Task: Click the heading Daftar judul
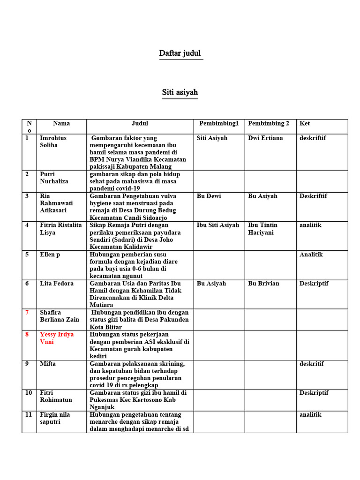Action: (x=180, y=53)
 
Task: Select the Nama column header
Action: (x=61, y=124)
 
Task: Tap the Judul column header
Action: (x=140, y=124)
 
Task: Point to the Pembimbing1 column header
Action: (x=219, y=124)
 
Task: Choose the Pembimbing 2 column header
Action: (x=269, y=124)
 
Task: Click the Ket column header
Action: (x=305, y=124)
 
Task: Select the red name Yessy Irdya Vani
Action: (x=57, y=338)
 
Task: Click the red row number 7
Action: (x=27, y=313)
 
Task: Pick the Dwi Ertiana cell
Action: (x=265, y=138)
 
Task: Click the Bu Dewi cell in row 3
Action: (x=209, y=196)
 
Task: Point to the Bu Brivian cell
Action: (x=263, y=284)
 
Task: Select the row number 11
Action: (x=29, y=415)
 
